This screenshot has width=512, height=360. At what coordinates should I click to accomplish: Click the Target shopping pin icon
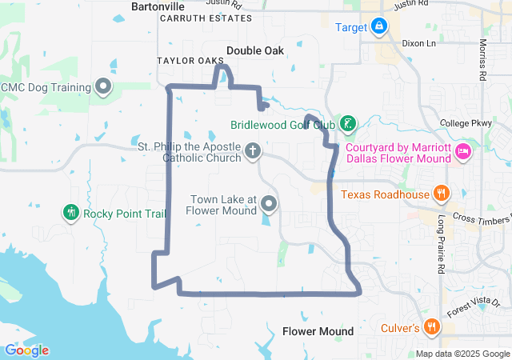click(x=380, y=26)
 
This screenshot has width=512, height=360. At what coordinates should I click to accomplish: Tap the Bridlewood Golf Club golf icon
click(x=347, y=124)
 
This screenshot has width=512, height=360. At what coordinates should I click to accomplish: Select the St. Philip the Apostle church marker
click(x=253, y=151)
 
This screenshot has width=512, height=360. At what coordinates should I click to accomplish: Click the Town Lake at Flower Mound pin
click(x=270, y=204)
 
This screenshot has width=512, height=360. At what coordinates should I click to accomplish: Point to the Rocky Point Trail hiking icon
click(x=71, y=213)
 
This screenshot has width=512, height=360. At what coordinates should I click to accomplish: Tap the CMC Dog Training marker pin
click(x=102, y=86)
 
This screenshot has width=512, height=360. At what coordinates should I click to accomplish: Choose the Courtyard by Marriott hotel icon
click(x=462, y=151)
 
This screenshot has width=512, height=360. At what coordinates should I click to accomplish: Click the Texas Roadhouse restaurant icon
click(x=440, y=194)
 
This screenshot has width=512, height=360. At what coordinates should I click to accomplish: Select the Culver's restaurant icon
click(x=432, y=326)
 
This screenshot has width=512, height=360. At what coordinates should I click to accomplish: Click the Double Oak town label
click(x=254, y=50)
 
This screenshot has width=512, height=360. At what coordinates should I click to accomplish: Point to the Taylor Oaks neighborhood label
click(x=190, y=61)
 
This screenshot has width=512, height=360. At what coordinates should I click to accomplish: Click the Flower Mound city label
click(x=318, y=331)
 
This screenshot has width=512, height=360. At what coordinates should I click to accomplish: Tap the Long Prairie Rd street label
click(x=440, y=245)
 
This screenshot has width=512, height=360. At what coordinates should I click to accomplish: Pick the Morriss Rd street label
click(x=482, y=59)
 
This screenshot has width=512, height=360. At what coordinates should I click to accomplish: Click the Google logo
click(x=26, y=350)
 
